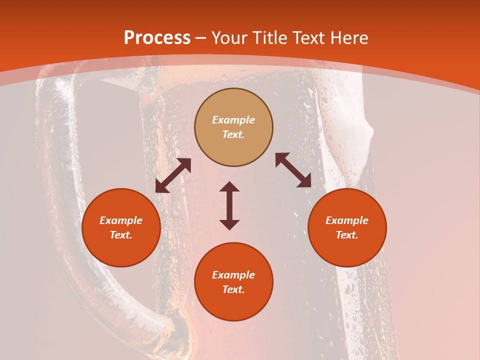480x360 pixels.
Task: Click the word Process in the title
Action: (x=157, y=38)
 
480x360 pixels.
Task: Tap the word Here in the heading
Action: (x=348, y=38)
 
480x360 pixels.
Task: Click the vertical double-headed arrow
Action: (x=229, y=205)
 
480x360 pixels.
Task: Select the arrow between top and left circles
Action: (x=173, y=175)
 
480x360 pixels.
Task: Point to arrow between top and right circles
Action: (x=293, y=170)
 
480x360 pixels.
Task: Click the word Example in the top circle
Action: (x=233, y=120)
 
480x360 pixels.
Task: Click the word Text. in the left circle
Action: (x=121, y=235)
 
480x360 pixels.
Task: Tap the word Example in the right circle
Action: (x=347, y=220)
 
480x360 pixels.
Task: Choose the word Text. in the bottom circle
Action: (x=233, y=289)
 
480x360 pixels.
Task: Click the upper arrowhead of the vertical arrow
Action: (x=229, y=186)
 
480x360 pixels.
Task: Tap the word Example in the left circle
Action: (x=121, y=220)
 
